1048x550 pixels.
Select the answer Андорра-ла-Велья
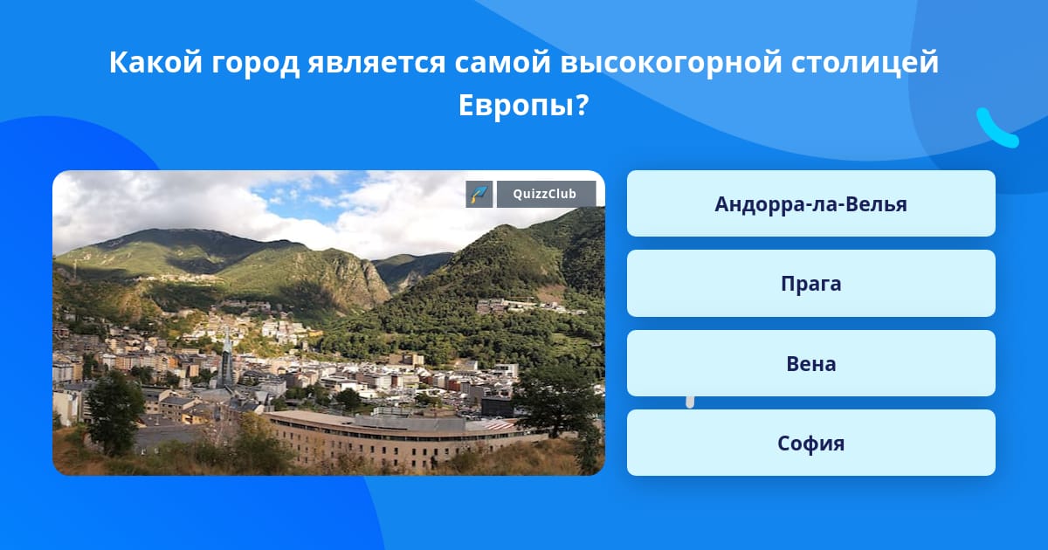click(810, 204)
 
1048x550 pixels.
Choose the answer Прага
click(810, 284)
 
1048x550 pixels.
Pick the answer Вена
click(810, 363)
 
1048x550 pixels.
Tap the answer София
click(810, 443)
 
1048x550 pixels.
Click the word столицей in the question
click(865, 62)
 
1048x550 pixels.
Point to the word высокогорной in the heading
click(671, 62)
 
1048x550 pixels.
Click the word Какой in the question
click(155, 61)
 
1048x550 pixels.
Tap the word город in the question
click(255, 63)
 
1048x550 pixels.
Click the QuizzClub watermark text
click(545, 194)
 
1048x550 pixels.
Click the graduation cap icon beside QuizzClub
click(479, 194)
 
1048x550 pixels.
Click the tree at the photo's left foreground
click(114, 411)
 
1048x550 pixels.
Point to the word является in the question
click(376, 63)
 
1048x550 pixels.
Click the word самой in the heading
click(503, 62)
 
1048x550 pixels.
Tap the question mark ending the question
click(582, 106)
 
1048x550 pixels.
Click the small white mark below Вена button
click(690, 402)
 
